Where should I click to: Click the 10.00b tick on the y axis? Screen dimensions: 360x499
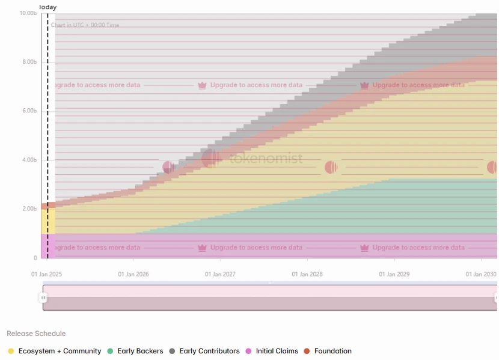(28, 13)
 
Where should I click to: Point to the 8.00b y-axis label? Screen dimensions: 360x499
(29, 62)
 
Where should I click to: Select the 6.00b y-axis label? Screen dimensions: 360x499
(29, 111)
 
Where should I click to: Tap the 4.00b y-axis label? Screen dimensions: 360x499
(29, 160)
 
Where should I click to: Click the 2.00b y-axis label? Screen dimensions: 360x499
(29, 209)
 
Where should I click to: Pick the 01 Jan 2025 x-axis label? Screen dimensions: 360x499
(46, 274)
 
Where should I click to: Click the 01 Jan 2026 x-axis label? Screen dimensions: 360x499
(133, 274)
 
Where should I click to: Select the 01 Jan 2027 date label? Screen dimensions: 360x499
(220, 274)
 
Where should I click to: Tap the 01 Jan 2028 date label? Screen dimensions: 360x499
(307, 274)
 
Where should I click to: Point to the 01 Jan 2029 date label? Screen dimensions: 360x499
(394, 274)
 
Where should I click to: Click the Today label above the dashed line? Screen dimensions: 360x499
(48, 7)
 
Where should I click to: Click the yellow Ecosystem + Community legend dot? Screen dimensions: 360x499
(11, 351)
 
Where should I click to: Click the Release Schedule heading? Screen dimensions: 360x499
(36, 334)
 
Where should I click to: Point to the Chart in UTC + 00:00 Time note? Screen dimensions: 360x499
(85, 25)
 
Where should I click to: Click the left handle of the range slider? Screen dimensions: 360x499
(43, 297)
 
